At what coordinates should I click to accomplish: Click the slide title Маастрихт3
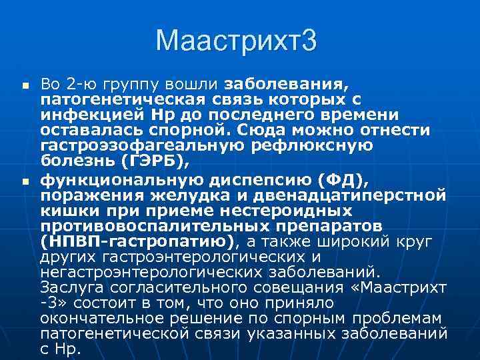(x=236, y=42)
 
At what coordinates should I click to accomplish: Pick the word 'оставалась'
(x=87, y=129)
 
